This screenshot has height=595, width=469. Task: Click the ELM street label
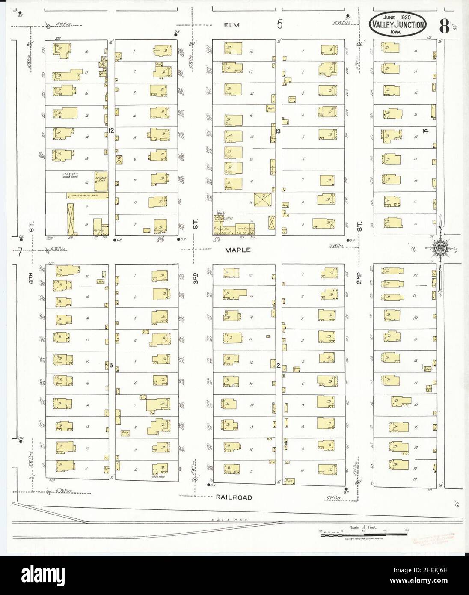pyautogui.click(x=231, y=25)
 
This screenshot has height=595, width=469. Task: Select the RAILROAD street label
pyautogui.click(x=234, y=497)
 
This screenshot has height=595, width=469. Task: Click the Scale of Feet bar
pyautogui.click(x=363, y=534)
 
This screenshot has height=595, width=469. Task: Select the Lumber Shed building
pyautogui.click(x=101, y=179)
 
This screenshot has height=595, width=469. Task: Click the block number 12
pyautogui.click(x=111, y=130)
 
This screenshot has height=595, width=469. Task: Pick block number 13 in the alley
pyautogui.click(x=278, y=131)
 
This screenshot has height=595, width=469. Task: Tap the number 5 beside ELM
pyautogui.click(x=279, y=24)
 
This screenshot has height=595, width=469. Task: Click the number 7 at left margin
pyautogui.click(x=20, y=253)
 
